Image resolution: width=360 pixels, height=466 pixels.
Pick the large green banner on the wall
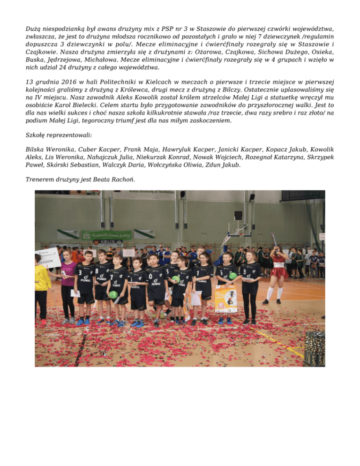[x=107, y=235]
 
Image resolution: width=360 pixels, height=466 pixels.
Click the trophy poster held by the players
[x=225, y=300]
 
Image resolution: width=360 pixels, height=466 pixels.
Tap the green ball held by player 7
[x=113, y=294]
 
